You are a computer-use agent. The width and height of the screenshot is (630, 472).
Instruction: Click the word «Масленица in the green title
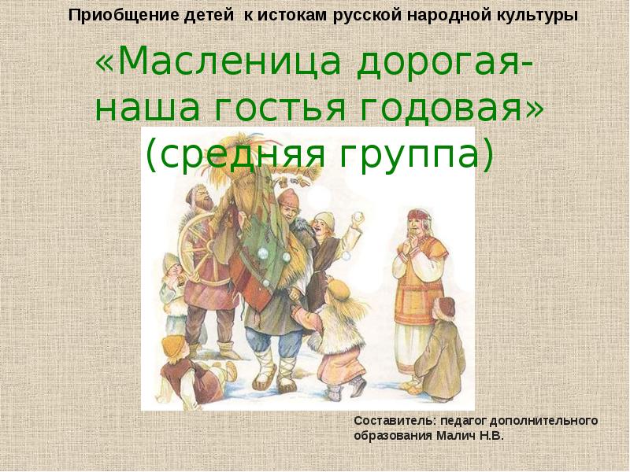219,61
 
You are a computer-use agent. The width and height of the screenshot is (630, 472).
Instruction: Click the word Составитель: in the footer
395,421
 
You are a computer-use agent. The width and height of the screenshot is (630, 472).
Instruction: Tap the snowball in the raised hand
357,219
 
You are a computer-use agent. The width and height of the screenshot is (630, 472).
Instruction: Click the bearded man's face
204,199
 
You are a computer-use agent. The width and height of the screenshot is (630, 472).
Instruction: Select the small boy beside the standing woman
444,348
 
